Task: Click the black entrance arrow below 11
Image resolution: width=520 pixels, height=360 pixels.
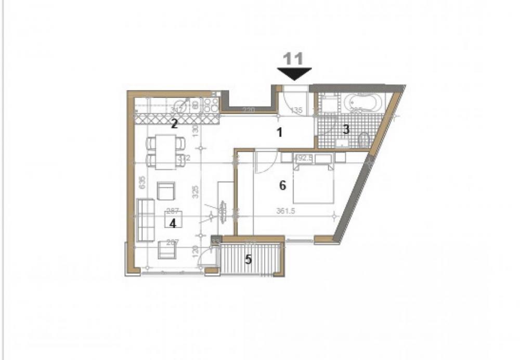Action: [294, 74]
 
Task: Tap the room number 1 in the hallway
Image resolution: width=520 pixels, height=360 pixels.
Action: [279, 133]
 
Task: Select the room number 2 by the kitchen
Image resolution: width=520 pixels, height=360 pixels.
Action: [175, 123]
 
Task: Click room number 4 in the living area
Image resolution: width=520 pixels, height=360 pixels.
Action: [173, 223]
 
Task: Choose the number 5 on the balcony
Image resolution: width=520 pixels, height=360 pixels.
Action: [248, 259]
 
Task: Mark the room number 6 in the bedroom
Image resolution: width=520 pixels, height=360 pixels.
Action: [283, 185]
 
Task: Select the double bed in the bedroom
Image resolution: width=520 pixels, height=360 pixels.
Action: [313, 182]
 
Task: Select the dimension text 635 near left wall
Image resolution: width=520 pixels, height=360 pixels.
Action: [141, 183]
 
